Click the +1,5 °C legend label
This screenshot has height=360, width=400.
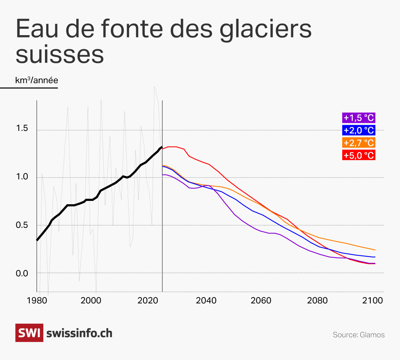point(359,118)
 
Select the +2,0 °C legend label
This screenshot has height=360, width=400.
point(359,130)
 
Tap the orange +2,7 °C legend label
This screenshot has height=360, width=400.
point(359,143)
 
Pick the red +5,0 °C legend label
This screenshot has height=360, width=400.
point(359,155)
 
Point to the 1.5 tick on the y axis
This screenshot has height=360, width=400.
point(22,129)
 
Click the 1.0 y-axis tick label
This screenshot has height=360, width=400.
point(22,177)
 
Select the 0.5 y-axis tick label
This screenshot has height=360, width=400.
point(22,225)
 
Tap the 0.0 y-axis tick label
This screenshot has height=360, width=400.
point(22,273)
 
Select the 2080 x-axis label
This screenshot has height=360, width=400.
point(317,301)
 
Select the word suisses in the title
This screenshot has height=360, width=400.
point(60,54)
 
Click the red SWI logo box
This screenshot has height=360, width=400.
point(29,333)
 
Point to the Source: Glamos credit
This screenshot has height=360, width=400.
point(359,335)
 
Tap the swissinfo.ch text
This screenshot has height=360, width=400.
point(79,333)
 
